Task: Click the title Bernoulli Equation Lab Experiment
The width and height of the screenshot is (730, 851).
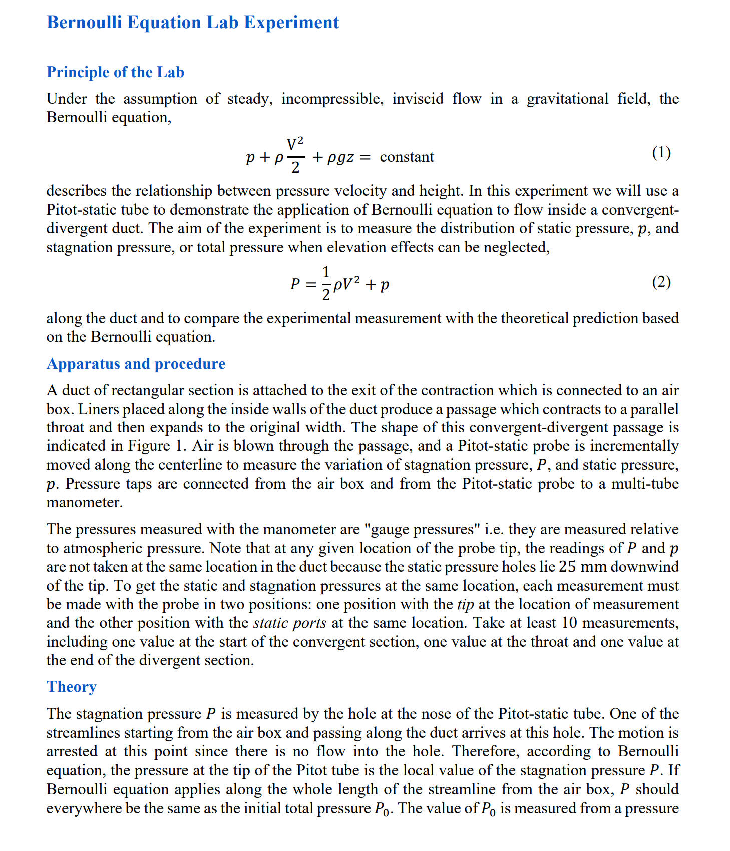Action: pos(193,23)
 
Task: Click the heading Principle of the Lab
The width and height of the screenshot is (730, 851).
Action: pos(115,72)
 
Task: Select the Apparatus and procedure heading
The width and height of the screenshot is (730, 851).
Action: pos(136,364)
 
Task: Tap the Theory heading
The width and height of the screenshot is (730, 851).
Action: pos(71,687)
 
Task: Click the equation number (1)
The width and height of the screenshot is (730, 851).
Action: pos(661,152)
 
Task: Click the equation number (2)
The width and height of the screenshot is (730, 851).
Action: pos(661,282)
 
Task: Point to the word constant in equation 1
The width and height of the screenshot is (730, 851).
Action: pos(407,157)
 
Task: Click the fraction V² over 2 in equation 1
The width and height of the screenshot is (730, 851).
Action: pos(295,155)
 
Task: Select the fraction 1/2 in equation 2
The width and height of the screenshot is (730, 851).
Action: pos(326,284)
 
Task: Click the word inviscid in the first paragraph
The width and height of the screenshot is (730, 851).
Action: pos(418,99)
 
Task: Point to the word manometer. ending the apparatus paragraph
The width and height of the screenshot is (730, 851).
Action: pos(85,502)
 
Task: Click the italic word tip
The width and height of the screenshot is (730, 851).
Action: pos(465,604)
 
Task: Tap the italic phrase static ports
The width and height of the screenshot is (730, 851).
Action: pos(290,623)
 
